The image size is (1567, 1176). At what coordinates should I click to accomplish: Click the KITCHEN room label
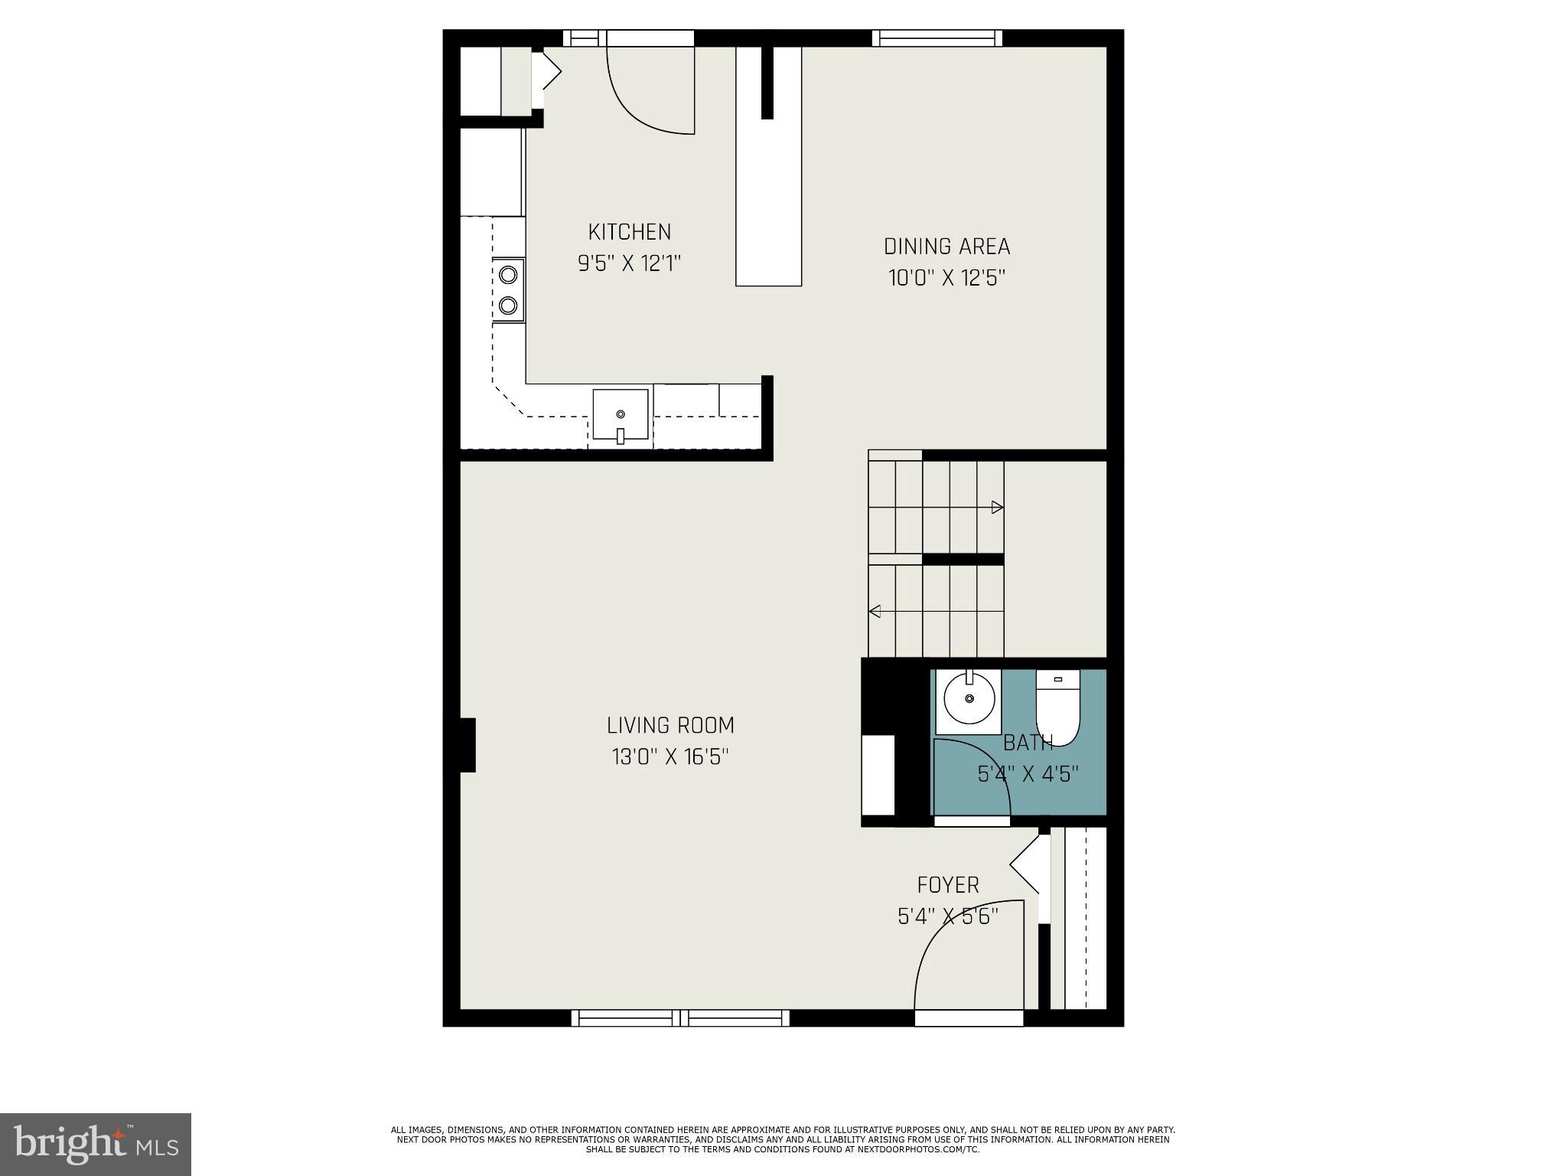pos(629,232)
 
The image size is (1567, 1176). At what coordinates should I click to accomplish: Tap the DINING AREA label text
pos(946,247)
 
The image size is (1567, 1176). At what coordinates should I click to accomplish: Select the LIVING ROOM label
pos(670,725)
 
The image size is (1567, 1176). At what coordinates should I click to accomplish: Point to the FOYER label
pos(948,885)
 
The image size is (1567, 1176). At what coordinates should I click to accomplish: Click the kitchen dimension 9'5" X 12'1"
pos(629,264)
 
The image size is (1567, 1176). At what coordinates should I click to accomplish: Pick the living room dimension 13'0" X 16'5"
pos(670,757)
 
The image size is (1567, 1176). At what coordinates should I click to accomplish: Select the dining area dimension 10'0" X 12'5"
pos(946,278)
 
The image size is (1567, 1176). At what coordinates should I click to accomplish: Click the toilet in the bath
pos(1057,708)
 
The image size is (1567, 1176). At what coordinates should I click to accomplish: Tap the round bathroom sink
pos(969,699)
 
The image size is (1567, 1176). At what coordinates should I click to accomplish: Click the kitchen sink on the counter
pos(621,415)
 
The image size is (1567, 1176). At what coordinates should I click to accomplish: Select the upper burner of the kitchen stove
pos(508,274)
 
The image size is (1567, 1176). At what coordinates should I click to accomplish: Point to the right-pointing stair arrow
pos(996,507)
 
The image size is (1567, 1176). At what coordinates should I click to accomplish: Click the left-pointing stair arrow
pos(875,611)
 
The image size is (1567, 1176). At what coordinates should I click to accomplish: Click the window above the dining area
pos(937,38)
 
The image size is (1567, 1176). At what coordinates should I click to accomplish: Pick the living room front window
pos(680,1018)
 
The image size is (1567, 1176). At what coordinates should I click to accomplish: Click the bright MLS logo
pos(96,1144)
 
